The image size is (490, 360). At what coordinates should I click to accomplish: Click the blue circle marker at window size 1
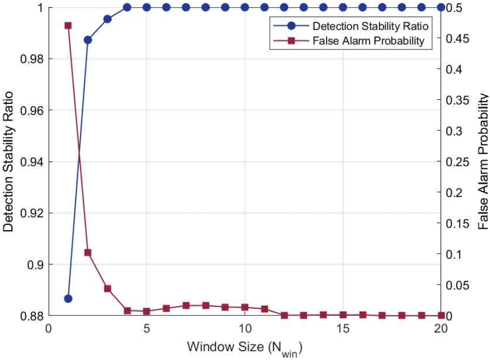tap(68, 298)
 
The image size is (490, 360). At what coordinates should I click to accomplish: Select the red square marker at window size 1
tap(68, 25)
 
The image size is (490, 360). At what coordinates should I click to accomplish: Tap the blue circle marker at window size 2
tap(88, 40)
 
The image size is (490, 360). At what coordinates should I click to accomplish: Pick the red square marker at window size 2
tap(88, 253)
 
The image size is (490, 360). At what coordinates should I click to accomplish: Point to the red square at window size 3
tap(107, 289)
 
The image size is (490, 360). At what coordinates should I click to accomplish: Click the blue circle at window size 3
tap(107, 19)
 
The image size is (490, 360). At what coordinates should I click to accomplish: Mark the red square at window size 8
tap(206, 305)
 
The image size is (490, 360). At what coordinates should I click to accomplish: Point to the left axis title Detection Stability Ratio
tap(9, 162)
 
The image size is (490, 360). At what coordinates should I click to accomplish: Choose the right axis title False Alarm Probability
tap(482, 162)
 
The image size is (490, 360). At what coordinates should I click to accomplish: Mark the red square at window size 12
tap(284, 315)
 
